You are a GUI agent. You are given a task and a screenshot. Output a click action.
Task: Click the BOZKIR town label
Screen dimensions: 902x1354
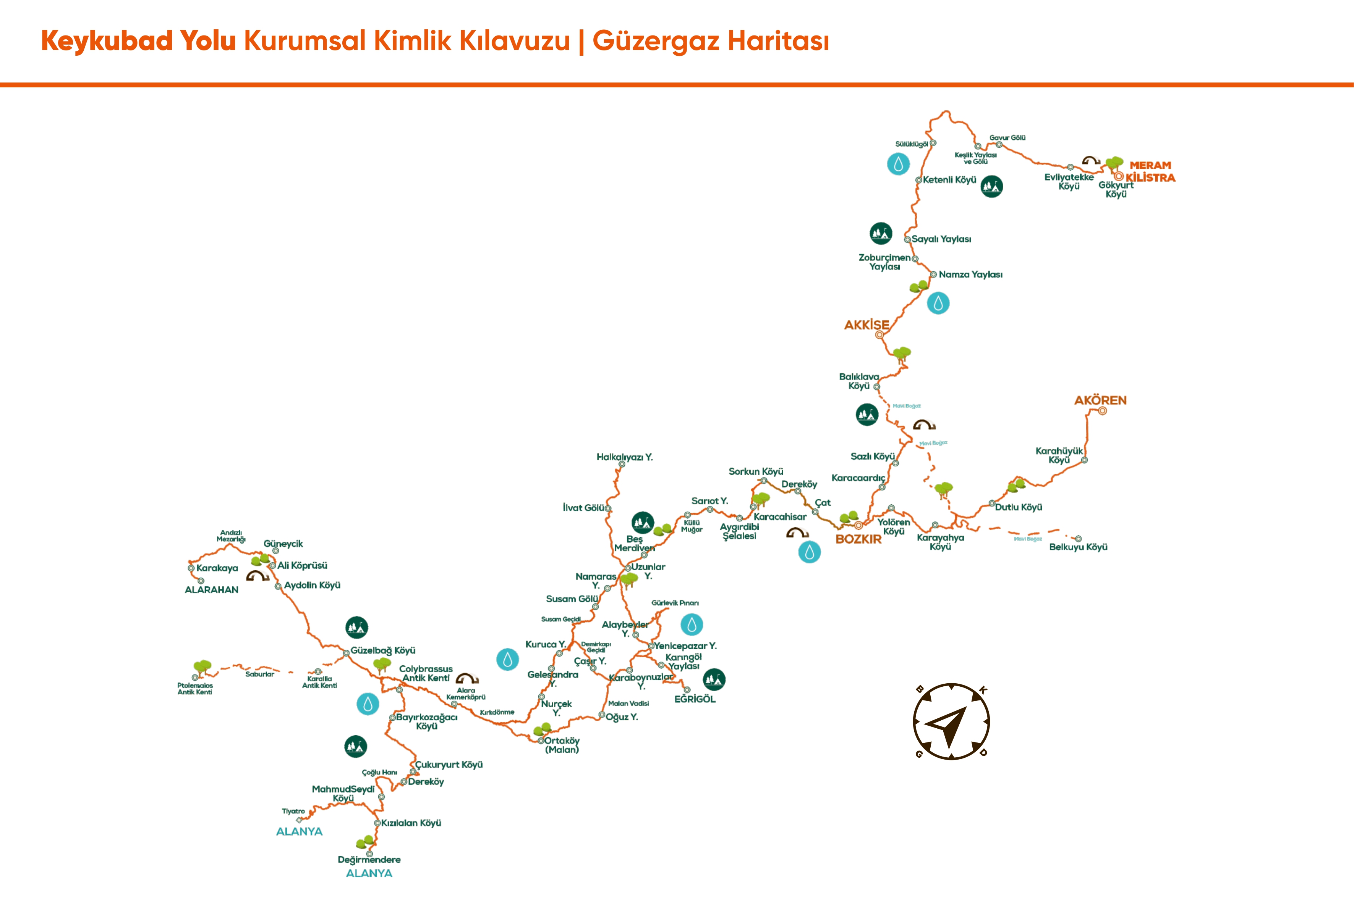[858, 539]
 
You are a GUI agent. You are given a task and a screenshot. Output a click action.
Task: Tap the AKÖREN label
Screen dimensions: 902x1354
[1100, 400]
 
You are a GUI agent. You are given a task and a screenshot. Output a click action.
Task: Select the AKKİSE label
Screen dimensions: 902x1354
[866, 325]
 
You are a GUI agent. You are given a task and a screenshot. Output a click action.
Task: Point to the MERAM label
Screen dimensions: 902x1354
[1150, 165]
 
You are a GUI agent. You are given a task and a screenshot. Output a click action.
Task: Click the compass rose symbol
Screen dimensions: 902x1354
[951, 722]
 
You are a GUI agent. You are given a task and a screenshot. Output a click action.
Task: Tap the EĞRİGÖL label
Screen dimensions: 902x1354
[695, 699]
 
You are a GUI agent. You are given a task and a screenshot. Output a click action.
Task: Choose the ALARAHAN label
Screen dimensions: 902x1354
[211, 590]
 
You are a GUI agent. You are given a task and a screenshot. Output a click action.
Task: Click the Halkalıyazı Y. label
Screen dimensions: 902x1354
[625, 457]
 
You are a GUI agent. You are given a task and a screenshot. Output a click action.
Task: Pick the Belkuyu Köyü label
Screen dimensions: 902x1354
[1078, 547]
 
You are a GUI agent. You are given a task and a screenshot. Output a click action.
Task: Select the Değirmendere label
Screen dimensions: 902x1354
[369, 859]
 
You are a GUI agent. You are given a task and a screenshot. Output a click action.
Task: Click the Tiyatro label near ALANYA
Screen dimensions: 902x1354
[293, 811]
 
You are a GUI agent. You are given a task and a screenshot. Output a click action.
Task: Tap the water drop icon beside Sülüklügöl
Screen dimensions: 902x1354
[898, 164]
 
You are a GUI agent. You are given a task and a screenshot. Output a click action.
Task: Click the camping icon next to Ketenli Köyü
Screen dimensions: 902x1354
[992, 186]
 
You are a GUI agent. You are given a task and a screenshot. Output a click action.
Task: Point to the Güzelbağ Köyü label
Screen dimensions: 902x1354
[383, 650]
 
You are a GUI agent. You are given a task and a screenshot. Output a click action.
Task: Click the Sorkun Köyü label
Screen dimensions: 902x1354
[756, 472]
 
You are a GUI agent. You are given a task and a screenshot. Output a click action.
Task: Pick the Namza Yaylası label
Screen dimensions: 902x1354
[970, 275]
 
